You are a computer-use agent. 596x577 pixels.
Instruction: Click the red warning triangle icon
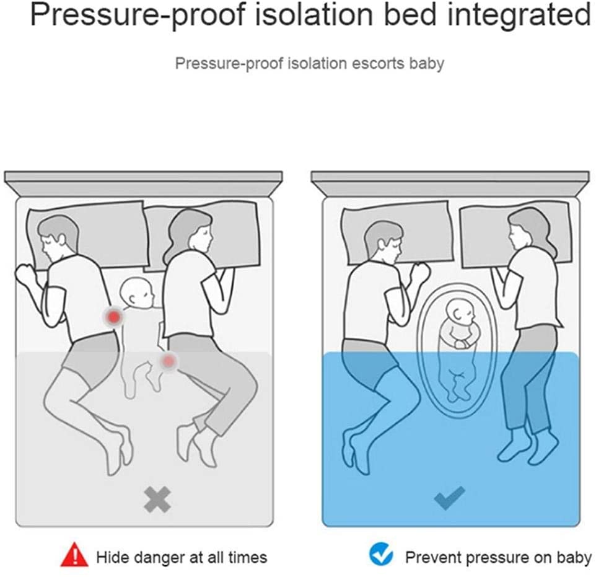click(75, 555)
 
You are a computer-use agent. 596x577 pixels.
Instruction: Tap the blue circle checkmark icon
click(381, 555)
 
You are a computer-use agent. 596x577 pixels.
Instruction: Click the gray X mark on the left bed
click(157, 500)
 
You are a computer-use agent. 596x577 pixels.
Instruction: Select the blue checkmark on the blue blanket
click(449, 498)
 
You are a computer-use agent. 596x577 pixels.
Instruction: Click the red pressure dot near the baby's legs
click(169, 361)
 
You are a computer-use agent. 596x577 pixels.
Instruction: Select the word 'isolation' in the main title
click(313, 14)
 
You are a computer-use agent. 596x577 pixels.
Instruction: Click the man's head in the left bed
click(56, 238)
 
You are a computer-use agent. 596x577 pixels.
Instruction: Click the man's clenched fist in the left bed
click(26, 275)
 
